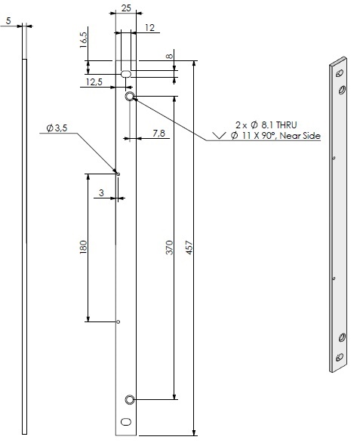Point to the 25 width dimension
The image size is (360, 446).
[125, 8]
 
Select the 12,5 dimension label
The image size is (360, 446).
[94, 82]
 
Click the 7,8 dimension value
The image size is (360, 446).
[159, 133]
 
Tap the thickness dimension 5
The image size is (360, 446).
[8, 21]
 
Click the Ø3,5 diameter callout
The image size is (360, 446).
[57, 129]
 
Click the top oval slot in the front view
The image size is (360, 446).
[126, 74]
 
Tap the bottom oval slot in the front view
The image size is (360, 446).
[126, 421]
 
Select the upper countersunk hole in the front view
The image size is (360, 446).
[130, 97]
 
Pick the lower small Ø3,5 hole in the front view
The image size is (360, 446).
[118, 322]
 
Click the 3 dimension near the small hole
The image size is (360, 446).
[102, 192]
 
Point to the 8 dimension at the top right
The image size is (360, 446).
[170, 56]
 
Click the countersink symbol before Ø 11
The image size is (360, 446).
[220, 136]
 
